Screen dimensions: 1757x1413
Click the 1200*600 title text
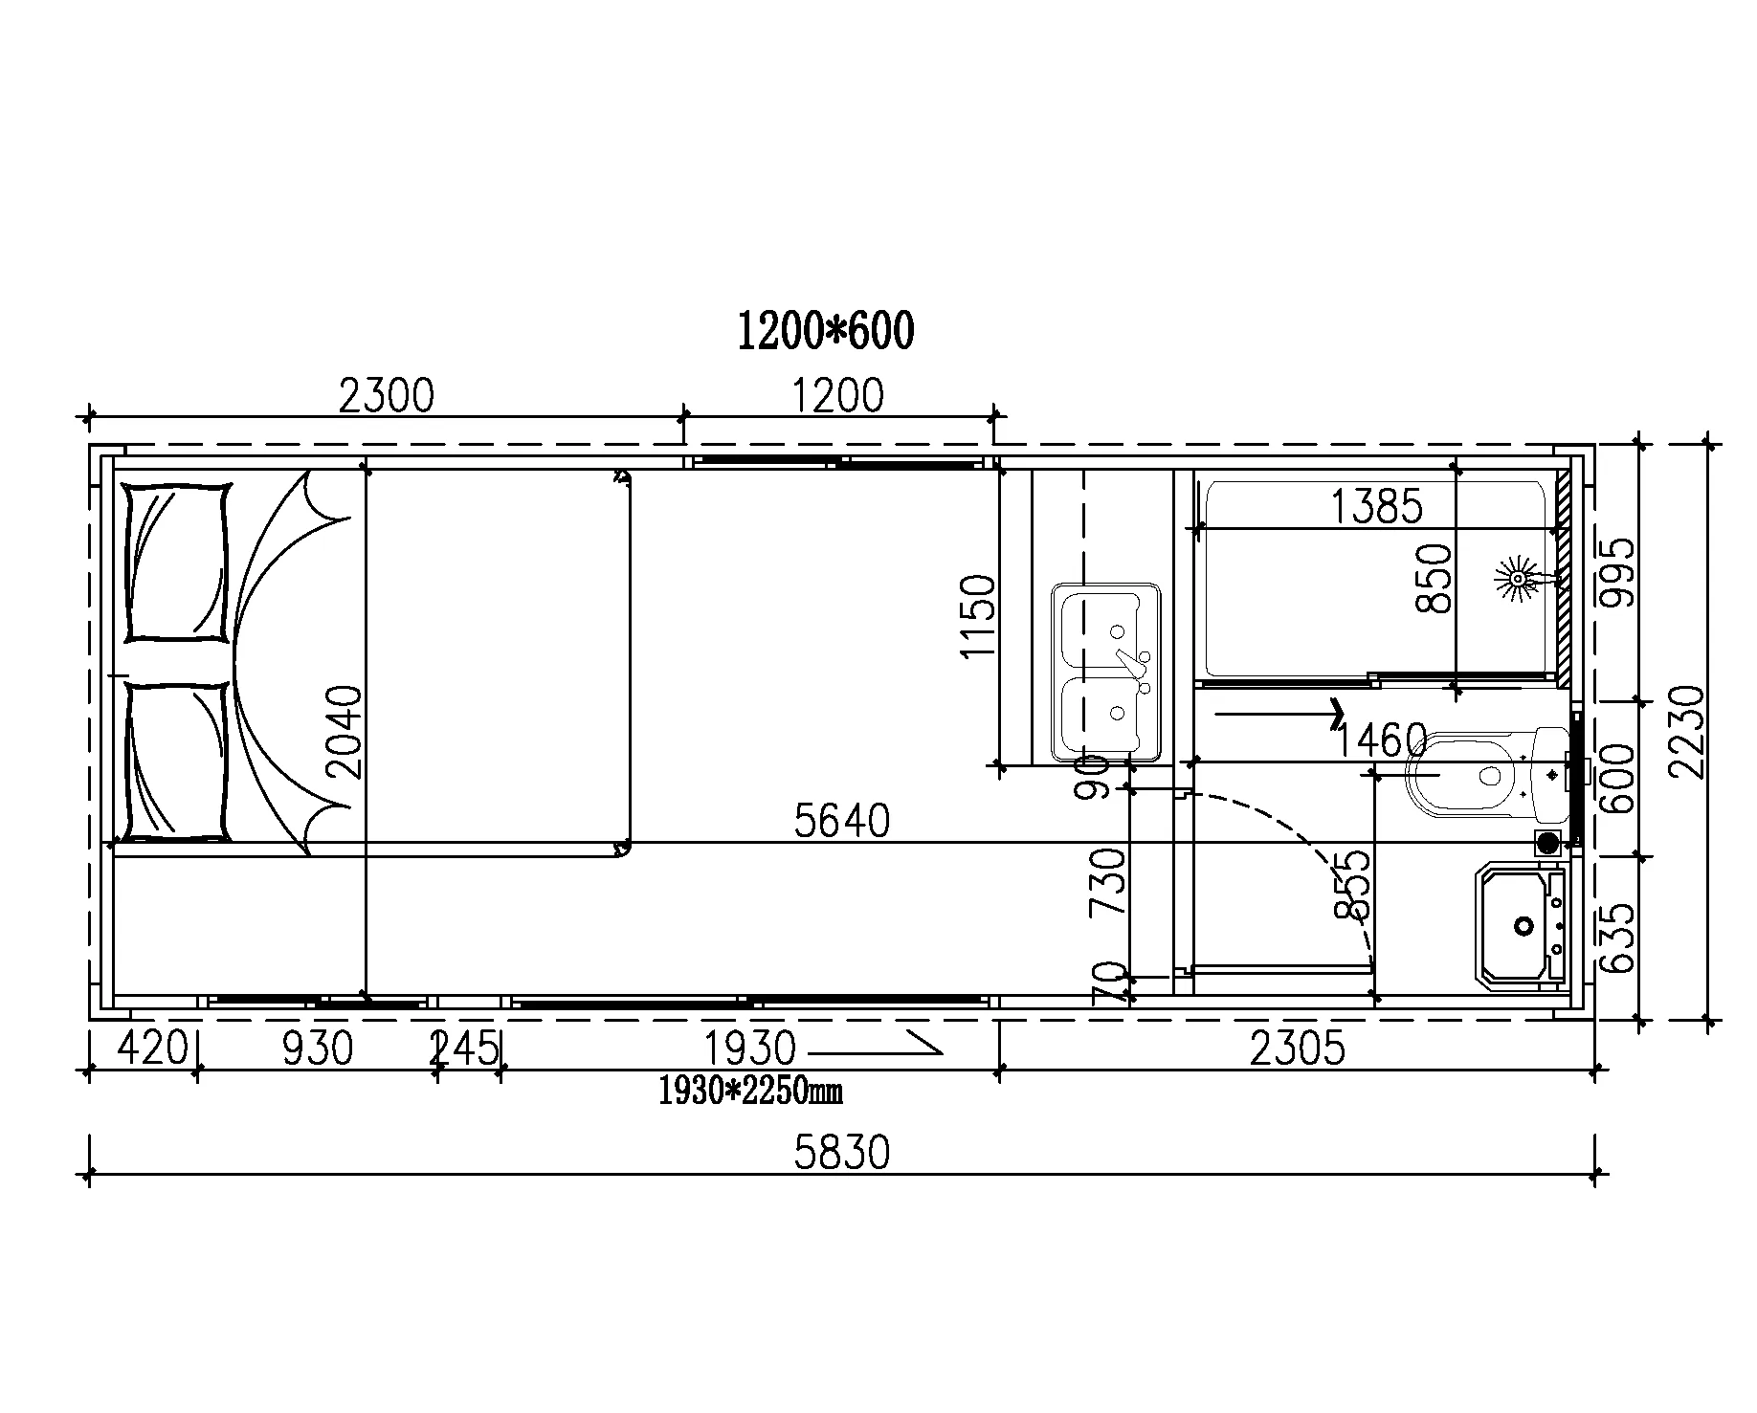[x=826, y=331]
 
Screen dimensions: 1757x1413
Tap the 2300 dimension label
[x=387, y=395]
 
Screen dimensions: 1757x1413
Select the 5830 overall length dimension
[x=842, y=1153]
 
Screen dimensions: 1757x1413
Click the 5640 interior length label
[x=842, y=821]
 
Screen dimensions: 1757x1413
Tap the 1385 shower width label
[x=1377, y=506]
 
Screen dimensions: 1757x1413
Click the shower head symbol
[x=1517, y=578]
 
